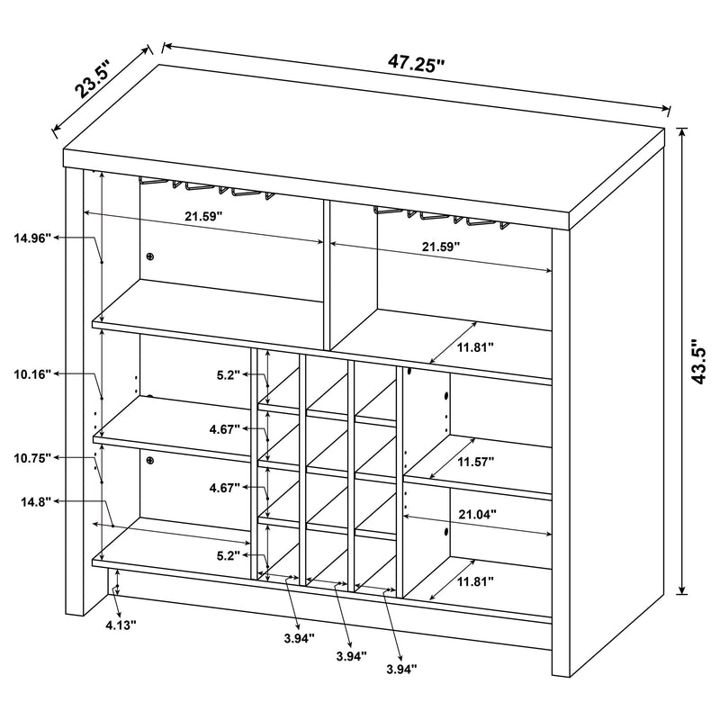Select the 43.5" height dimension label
694,361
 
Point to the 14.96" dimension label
32,238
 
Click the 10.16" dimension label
32,373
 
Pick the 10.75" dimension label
32,458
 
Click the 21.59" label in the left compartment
203,217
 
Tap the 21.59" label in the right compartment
441,246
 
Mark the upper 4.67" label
223,430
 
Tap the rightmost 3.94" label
400,669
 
